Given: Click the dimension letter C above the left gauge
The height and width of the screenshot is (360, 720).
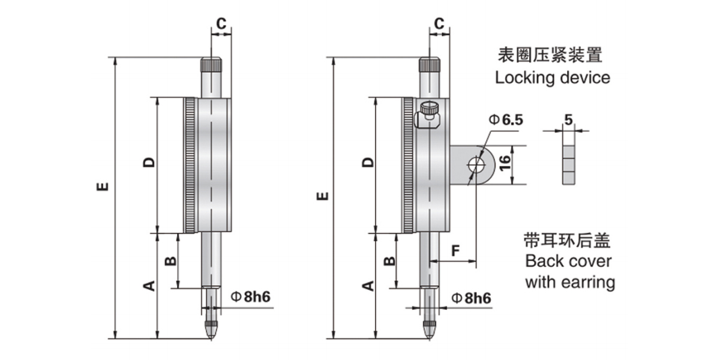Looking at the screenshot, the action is click(x=221, y=23).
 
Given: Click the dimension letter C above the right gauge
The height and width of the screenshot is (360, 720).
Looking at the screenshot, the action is click(x=439, y=23).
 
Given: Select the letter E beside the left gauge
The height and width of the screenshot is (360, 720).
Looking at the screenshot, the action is click(x=103, y=187).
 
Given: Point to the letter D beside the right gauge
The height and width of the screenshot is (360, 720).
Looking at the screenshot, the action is click(x=368, y=163).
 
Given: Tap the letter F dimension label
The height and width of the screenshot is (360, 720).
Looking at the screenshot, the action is click(x=456, y=251).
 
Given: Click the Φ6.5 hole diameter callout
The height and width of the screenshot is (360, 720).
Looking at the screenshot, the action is click(x=506, y=120).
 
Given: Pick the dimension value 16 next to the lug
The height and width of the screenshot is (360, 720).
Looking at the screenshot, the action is click(x=505, y=163).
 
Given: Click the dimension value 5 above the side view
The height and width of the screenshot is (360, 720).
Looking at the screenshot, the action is click(x=569, y=120).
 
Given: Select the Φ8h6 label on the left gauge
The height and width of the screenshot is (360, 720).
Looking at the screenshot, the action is click(x=251, y=296).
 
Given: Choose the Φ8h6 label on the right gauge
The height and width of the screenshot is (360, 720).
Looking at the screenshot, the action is click(x=472, y=298).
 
